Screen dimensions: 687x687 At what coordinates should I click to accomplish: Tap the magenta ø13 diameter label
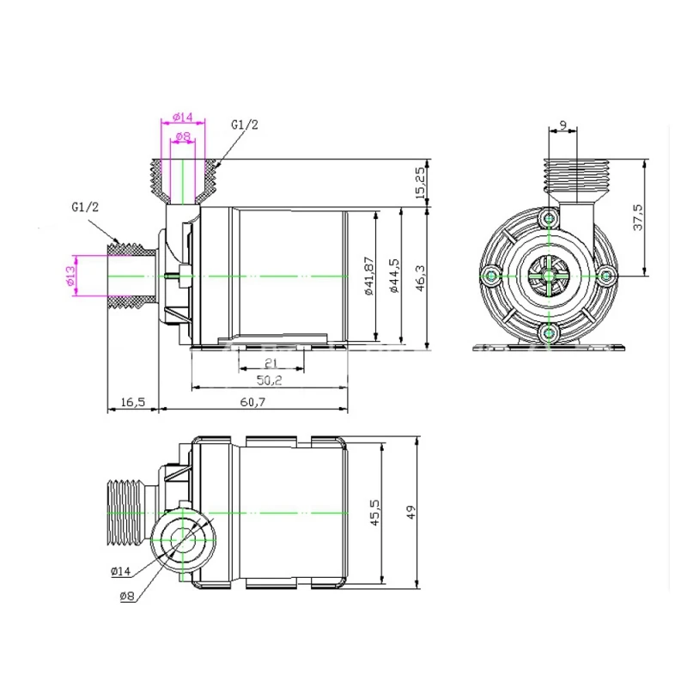[x=70, y=276]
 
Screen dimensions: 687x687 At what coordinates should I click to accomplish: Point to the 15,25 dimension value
[x=419, y=184]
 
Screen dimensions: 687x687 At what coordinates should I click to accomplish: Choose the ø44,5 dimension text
[x=392, y=275]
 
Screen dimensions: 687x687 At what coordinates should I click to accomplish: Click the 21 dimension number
[x=270, y=364]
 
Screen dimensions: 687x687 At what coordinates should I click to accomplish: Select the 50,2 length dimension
[x=270, y=380]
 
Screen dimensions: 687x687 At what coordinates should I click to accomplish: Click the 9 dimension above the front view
[x=562, y=125]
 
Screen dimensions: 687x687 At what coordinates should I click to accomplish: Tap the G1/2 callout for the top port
[x=244, y=125]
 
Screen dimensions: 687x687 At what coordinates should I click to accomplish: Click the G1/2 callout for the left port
[x=86, y=208]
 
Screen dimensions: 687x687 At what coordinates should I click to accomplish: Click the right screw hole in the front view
[x=605, y=276]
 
